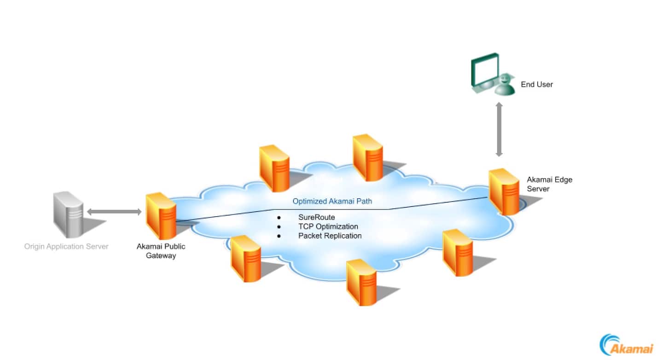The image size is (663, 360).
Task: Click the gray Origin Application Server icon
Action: tap(69, 214)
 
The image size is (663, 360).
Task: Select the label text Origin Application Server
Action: tap(66, 246)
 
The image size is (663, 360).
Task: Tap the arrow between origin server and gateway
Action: tap(114, 212)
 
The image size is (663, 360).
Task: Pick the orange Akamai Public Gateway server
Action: tap(161, 216)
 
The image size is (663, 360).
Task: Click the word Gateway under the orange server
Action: tap(161, 255)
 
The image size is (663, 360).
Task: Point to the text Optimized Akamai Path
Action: tap(332, 201)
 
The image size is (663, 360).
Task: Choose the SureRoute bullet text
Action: tap(316, 217)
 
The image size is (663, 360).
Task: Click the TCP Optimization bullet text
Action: tap(328, 226)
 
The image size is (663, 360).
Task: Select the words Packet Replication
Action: tap(330, 236)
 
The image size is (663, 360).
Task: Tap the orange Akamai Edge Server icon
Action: tap(504, 191)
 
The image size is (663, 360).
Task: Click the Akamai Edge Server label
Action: tap(549, 184)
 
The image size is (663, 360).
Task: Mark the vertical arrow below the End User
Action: tap(499, 129)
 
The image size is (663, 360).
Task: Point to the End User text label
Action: tap(537, 84)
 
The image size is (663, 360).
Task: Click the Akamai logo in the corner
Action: tap(626, 345)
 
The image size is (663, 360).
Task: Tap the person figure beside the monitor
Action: tap(505, 85)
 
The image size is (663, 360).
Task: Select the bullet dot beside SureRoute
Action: tap(279, 217)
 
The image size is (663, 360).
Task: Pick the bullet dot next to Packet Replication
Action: tap(279, 236)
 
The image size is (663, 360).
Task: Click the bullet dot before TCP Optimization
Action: tap(279, 226)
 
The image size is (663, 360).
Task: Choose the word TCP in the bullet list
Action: tap(305, 226)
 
